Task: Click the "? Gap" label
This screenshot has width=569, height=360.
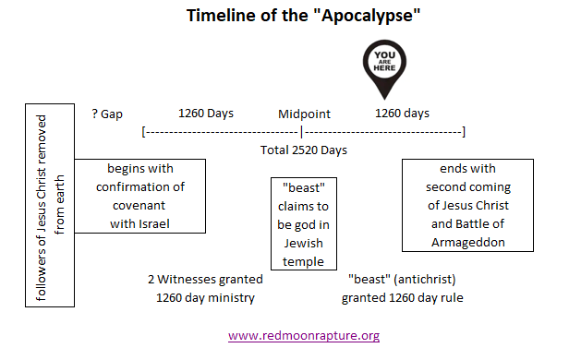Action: point(107,114)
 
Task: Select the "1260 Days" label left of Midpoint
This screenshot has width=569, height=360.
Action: point(205,114)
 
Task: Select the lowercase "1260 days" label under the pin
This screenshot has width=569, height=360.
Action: point(402,114)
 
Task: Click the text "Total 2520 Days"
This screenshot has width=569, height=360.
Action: point(303,150)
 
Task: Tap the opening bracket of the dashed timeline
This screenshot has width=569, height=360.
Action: point(143,132)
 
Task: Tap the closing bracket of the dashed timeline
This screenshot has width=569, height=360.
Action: point(463,132)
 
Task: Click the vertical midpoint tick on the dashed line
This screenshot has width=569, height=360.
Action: point(301,132)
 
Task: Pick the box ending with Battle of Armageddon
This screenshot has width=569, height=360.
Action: point(468,205)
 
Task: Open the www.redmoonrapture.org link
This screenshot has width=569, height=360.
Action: point(303,335)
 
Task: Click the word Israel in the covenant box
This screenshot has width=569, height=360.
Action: point(156,223)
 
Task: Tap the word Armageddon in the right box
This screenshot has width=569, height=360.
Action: point(468,242)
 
